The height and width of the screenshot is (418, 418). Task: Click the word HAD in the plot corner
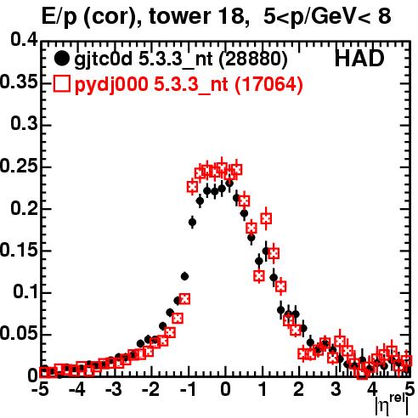click(359, 59)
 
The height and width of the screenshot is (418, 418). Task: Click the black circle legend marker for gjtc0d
click(61, 59)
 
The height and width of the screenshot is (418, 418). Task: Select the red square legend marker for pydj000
click(61, 83)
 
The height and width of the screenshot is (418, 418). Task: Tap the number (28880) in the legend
click(253, 59)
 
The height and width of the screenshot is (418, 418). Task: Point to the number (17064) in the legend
click(268, 84)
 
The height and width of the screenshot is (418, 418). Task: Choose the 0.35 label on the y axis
click(19, 82)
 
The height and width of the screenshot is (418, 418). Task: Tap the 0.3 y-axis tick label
click(24, 124)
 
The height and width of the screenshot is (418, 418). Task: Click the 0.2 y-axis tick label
click(24, 208)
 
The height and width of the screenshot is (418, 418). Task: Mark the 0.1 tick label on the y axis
click(25, 291)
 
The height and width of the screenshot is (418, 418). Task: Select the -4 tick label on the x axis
click(76, 389)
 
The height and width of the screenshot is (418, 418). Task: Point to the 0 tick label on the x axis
click(225, 389)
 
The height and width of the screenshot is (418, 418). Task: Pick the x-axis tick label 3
click(336, 389)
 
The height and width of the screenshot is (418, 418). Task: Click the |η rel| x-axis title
click(392, 405)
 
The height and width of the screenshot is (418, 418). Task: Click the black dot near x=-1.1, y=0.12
click(184, 276)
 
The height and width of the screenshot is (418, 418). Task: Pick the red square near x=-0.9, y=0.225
click(192, 187)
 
